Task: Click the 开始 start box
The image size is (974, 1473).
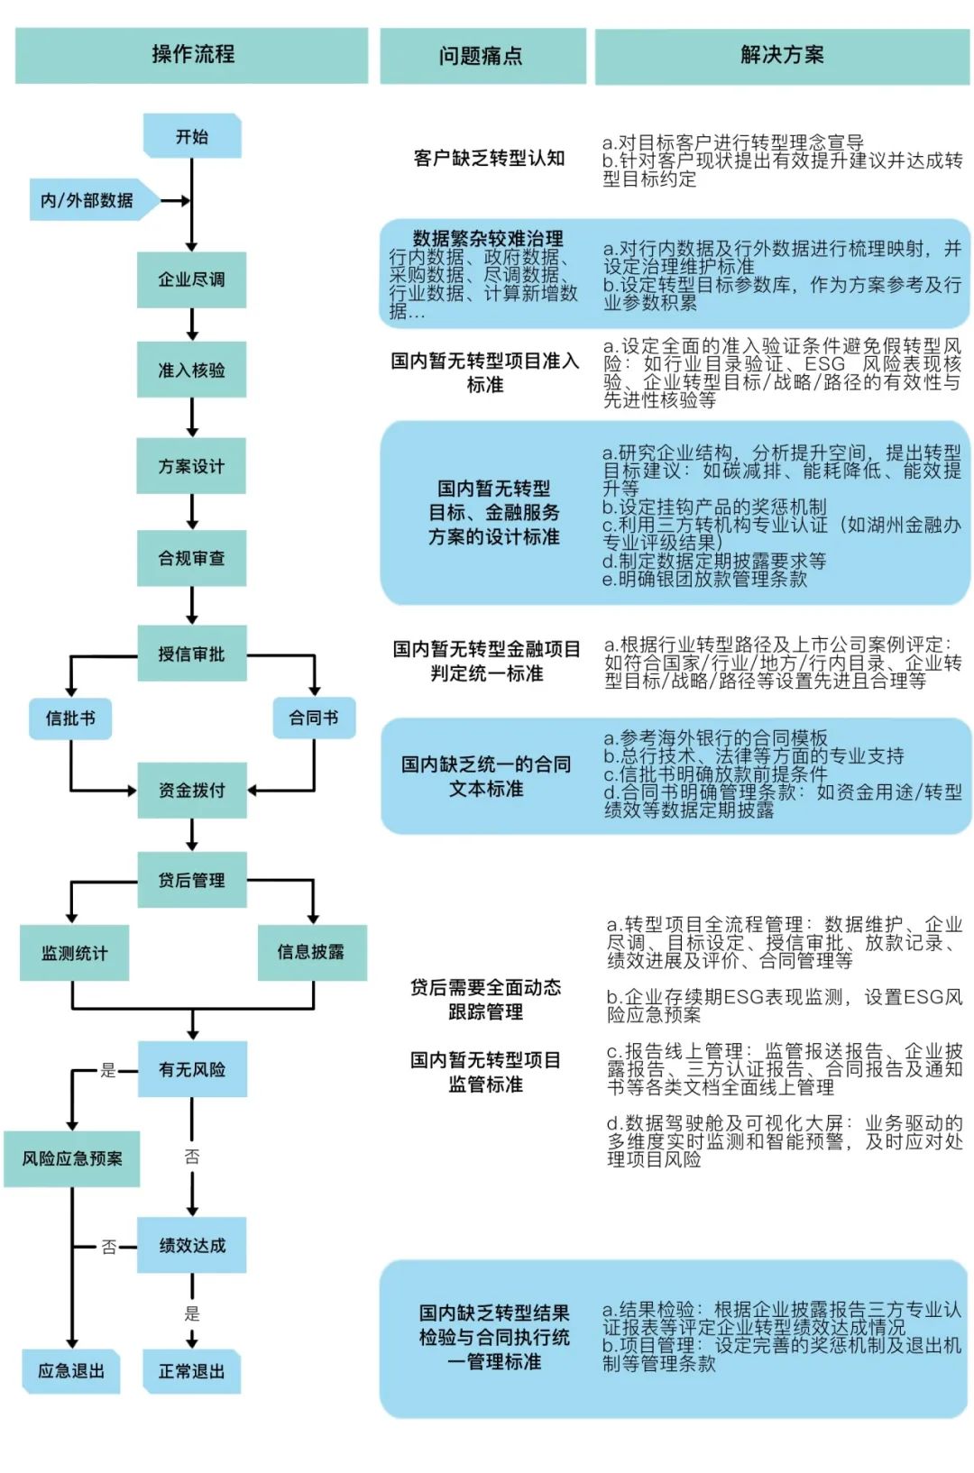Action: [x=192, y=136]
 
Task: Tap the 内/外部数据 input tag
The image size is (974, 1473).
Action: [x=88, y=200]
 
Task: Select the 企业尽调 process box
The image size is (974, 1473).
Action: [x=191, y=279]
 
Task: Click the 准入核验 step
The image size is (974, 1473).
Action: [x=191, y=370]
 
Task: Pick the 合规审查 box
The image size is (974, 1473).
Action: [x=191, y=558]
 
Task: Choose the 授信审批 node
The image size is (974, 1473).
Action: [x=191, y=654]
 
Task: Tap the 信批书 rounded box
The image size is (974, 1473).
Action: [x=70, y=718]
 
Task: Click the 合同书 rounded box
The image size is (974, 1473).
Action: [x=313, y=718]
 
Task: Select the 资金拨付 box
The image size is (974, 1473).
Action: [x=191, y=791]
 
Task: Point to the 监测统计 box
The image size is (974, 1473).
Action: [x=74, y=953]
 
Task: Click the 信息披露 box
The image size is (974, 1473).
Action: [x=311, y=952]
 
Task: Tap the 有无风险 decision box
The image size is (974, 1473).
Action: [x=192, y=1069]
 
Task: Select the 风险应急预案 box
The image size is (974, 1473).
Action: [x=72, y=1158]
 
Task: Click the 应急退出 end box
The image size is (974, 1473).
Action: [x=71, y=1371]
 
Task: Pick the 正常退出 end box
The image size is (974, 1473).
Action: [x=192, y=1371]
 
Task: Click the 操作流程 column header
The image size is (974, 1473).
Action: [x=192, y=55]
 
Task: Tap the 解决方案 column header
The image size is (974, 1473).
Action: [x=782, y=55]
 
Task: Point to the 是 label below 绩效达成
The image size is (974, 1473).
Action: [x=192, y=1313]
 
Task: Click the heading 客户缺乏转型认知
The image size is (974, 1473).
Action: [x=489, y=159]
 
